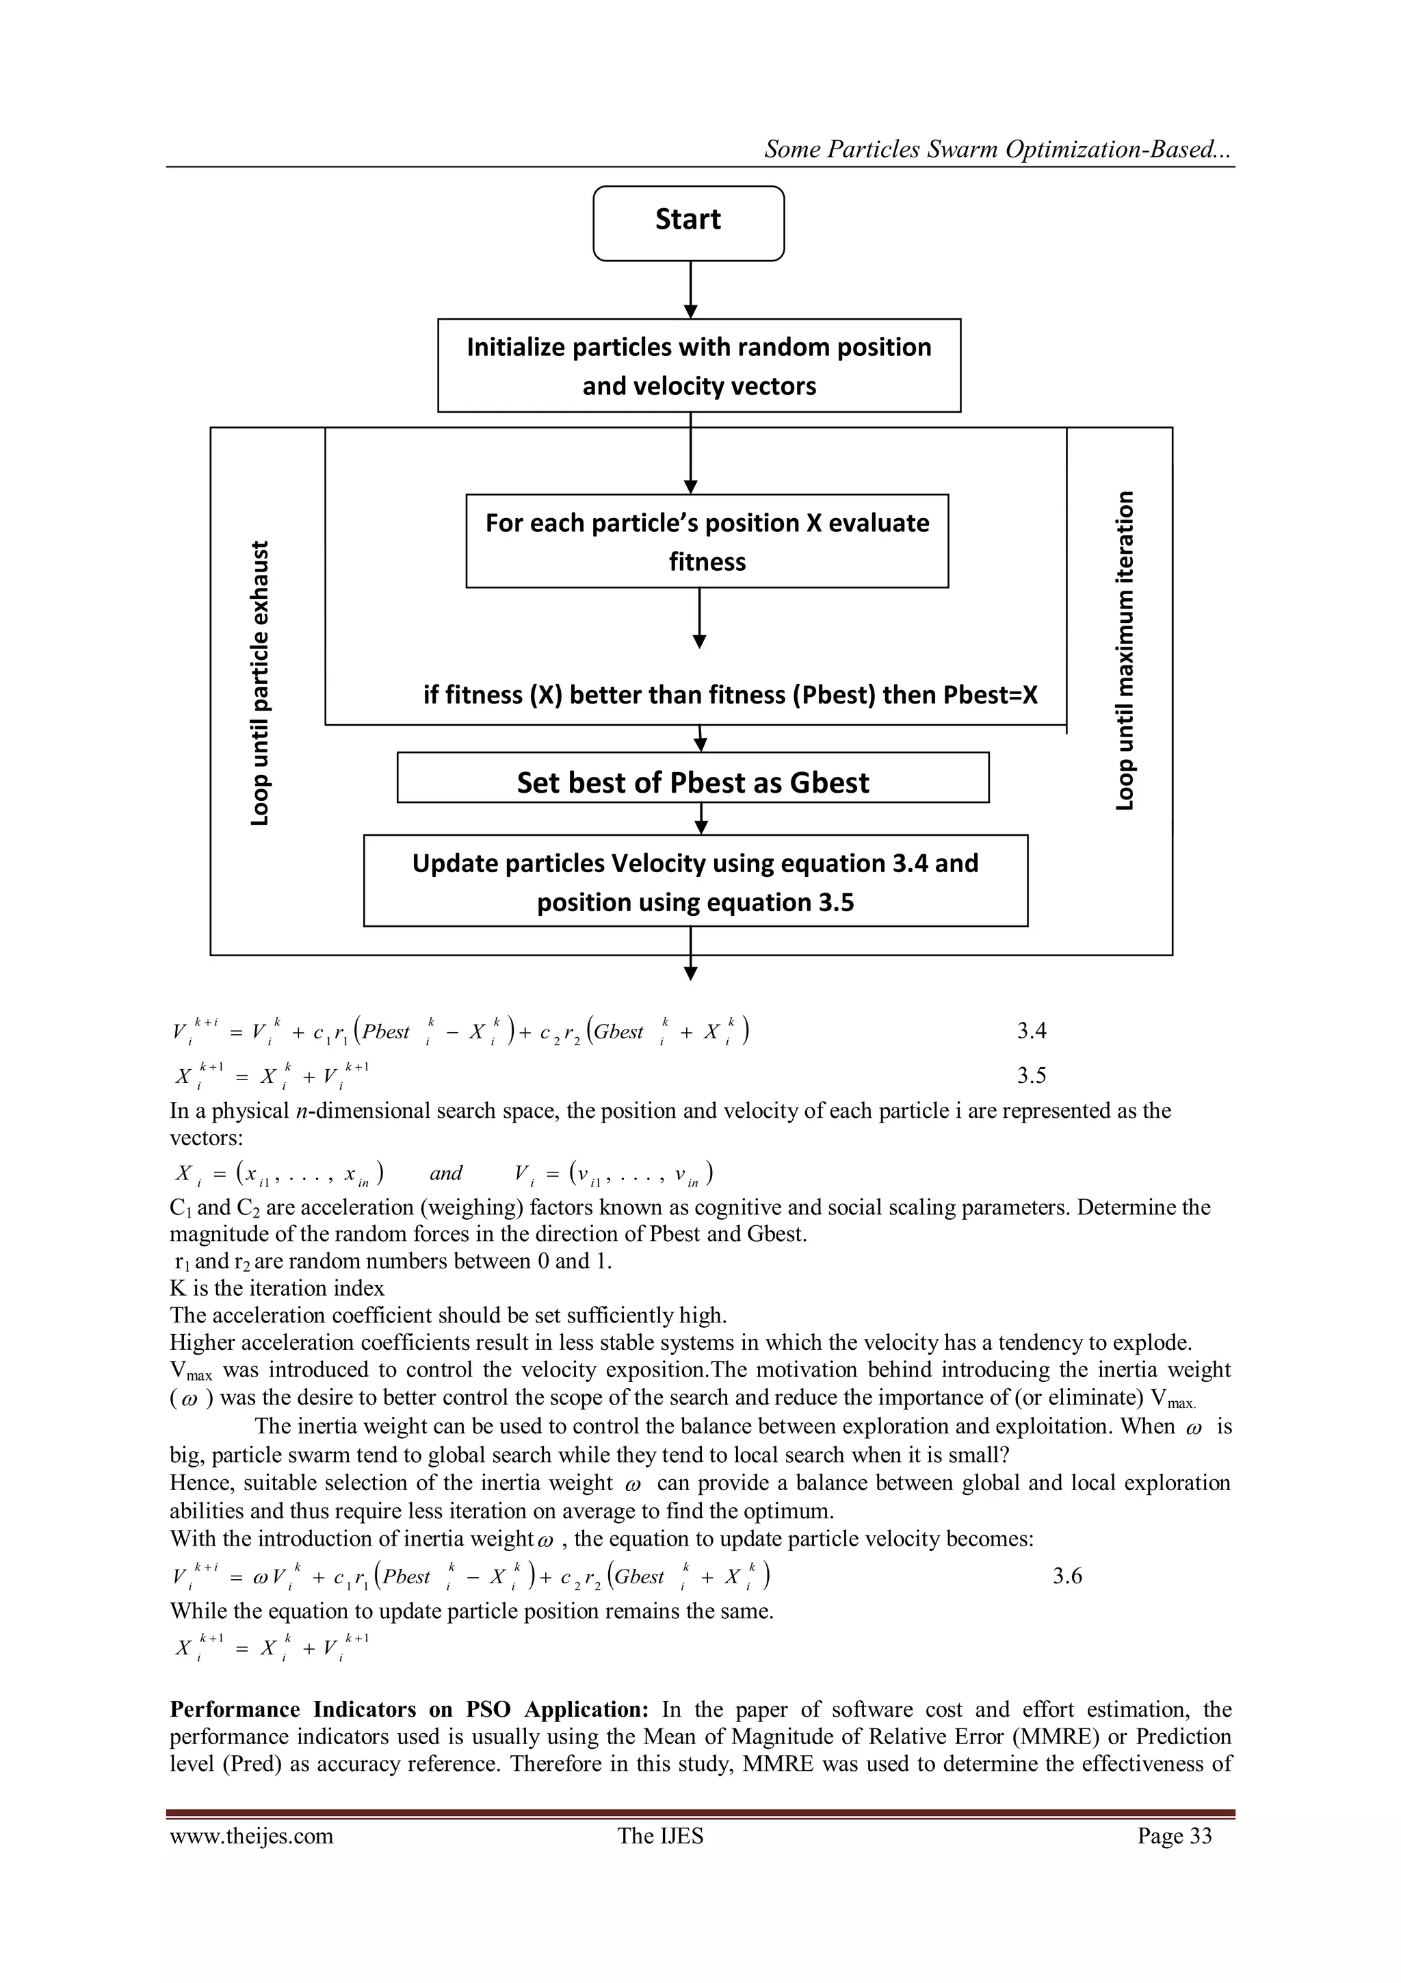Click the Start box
(688, 223)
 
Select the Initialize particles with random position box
(698, 366)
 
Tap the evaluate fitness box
(706, 541)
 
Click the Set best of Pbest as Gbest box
(692, 778)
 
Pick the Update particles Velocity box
(695, 880)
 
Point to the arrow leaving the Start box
(690, 290)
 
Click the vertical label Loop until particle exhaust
(259, 682)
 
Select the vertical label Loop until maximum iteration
(1124, 651)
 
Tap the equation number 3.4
(1031, 1030)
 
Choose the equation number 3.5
(1031, 1075)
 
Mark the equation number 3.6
(1067, 1576)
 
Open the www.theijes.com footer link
(251, 1835)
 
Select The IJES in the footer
(660, 1835)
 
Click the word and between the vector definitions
(445, 1173)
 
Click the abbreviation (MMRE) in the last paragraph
(1049, 1736)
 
